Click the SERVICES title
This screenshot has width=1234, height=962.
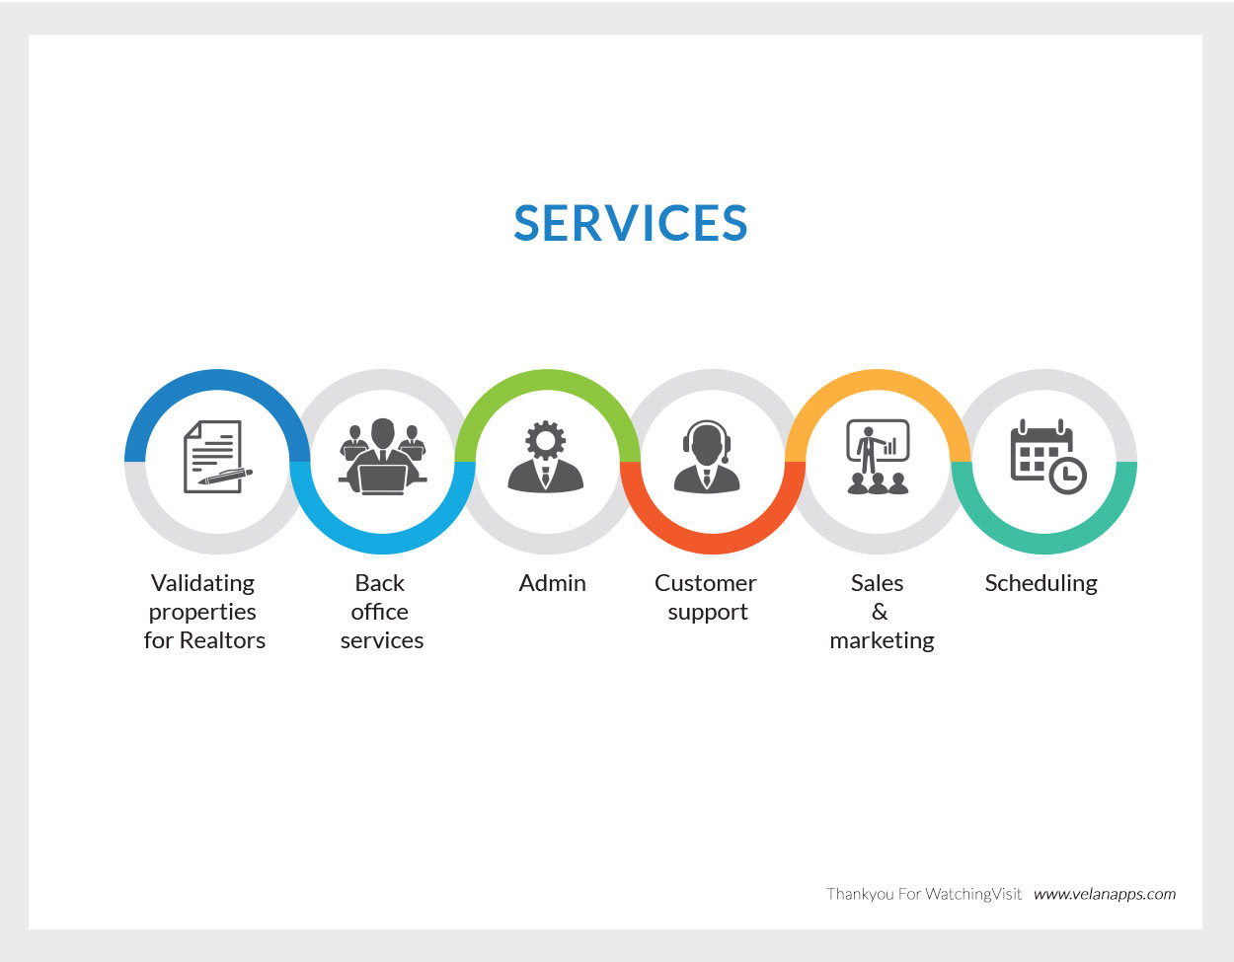[631, 223]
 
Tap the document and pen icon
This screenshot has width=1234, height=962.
[217, 456]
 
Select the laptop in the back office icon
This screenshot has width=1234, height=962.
[383, 480]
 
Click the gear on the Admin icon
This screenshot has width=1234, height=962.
[545, 440]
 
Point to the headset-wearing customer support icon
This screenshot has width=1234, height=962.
[707, 456]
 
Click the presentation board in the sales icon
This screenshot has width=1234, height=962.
[878, 440]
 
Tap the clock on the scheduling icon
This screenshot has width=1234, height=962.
[1067, 475]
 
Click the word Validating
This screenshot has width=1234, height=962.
[202, 584]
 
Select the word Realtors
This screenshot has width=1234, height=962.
[222, 640]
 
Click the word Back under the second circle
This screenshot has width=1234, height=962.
[379, 583]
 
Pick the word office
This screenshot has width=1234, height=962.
[379, 612]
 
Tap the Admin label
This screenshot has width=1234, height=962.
[552, 583]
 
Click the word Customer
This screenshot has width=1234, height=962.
[705, 583]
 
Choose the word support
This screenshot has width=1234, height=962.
[708, 613]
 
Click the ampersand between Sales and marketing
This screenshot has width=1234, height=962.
[879, 612]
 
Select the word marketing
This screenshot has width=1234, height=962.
[882, 641]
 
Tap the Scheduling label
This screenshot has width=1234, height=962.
[1041, 584]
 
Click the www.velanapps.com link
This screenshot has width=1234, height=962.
[1105, 894]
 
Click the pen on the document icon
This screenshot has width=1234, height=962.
[225, 477]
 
